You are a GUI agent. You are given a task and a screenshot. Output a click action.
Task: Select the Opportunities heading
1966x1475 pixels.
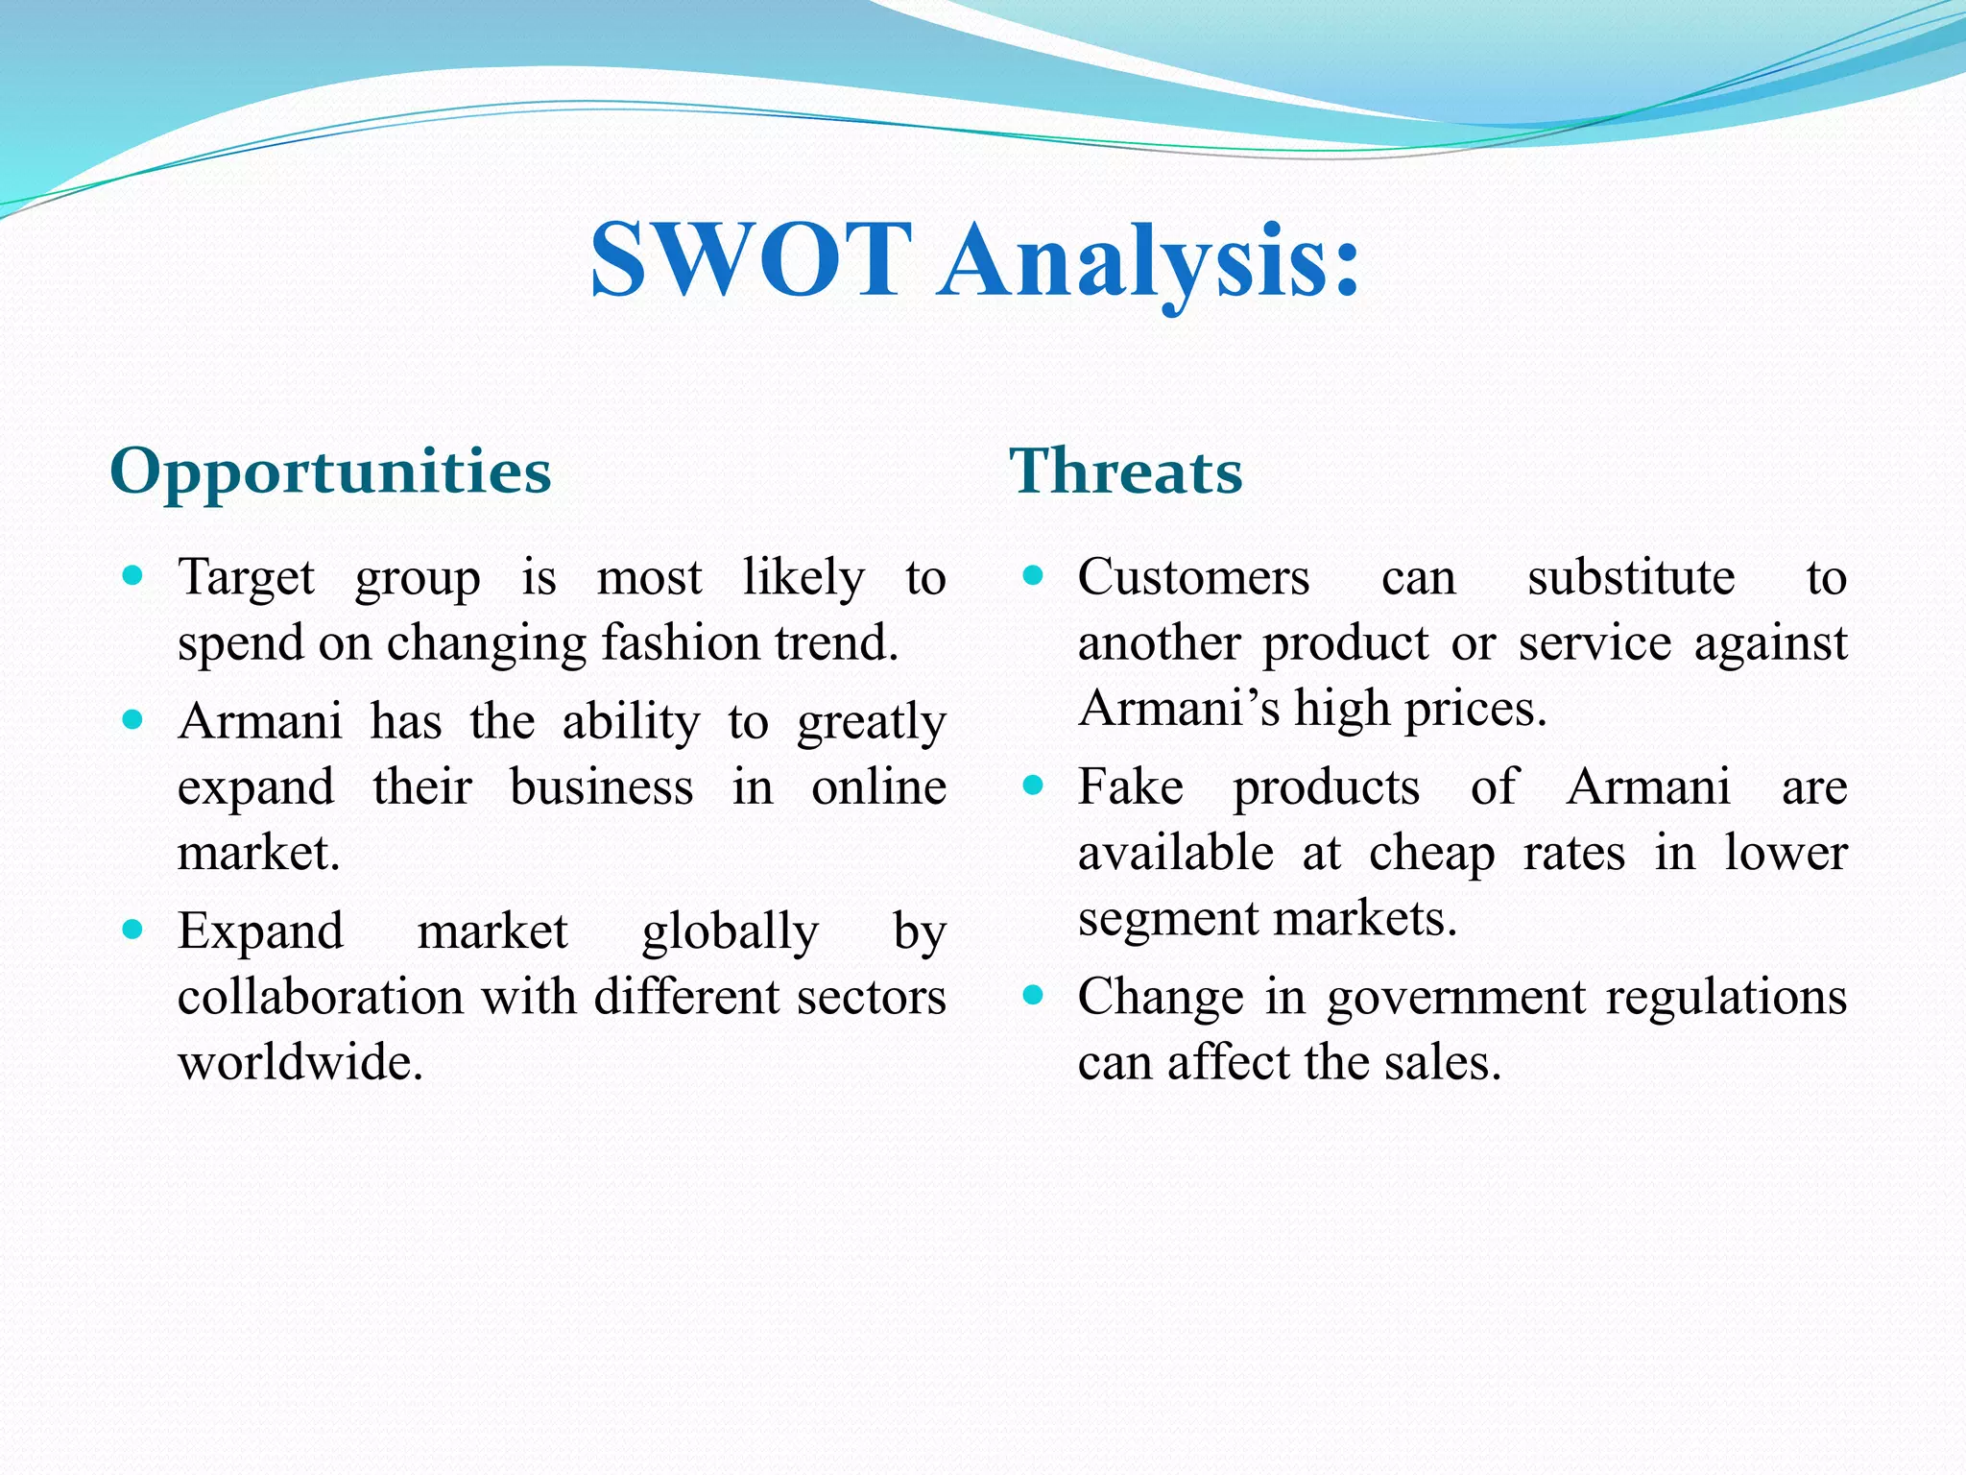pos(330,472)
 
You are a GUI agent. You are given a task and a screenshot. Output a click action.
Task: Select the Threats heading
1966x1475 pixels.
pos(1126,472)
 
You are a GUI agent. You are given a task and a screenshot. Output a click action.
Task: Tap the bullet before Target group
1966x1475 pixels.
pos(133,576)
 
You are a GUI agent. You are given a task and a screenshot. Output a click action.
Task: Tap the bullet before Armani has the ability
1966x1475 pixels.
pos(133,720)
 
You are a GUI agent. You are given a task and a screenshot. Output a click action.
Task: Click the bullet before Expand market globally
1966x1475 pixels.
pos(133,930)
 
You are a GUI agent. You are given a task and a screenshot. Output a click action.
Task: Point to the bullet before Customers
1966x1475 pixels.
pos(1033,576)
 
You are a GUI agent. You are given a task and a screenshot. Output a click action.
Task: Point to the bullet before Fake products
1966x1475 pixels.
pos(1033,786)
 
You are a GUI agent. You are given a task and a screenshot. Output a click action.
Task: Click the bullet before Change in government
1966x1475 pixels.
pos(1033,995)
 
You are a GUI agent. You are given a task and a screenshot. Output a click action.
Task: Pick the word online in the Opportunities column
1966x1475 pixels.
pos(878,787)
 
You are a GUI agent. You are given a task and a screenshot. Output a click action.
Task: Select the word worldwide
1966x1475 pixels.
pos(300,1062)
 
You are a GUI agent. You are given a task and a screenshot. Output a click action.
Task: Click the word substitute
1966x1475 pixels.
pos(1631,578)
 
